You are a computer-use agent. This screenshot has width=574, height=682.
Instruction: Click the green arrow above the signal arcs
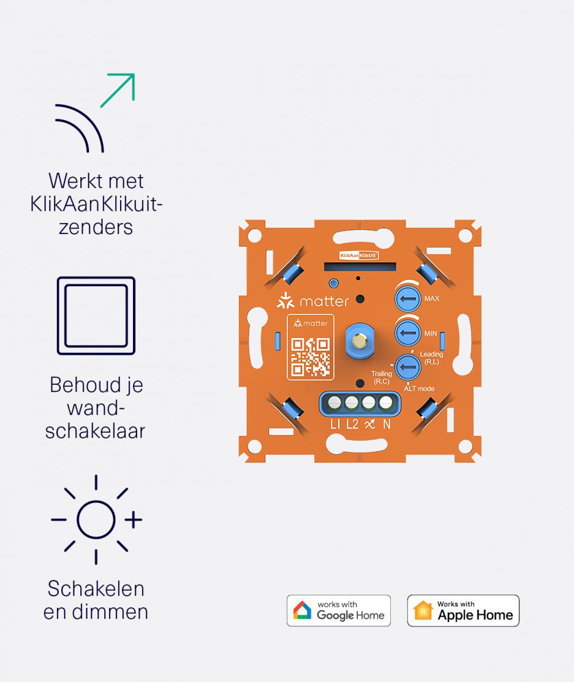pyautogui.click(x=118, y=89)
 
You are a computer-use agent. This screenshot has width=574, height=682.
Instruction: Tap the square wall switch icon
pyautogui.click(x=96, y=316)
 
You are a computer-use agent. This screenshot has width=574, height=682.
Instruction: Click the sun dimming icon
pyautogui.click(x=96, y=520)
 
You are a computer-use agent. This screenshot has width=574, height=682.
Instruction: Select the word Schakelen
pyautogui.click(x=96, y=589)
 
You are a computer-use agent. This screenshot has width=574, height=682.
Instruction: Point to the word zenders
pyautogui.click(x=96, y=227)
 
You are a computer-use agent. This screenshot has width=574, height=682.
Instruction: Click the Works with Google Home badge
pyautogui.click(x=339, y=610)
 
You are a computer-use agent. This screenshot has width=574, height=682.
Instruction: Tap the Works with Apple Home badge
pyautogui.click(x=463, y=610)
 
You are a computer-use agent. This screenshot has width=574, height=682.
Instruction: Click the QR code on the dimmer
pyautogui.click(x=311, y=356)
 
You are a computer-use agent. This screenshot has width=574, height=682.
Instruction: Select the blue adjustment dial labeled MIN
pyautogui.click(x=406, y=333)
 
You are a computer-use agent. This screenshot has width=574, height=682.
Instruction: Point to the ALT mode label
pyautogui.click(x=419, y=388)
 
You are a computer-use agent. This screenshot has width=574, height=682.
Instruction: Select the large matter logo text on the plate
pyautogui.click(x=323, y=301)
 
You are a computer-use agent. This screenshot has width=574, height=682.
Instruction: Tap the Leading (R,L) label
pyautogui.click(x=431, y=357)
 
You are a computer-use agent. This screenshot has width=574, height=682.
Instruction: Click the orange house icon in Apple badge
pyautogui.click(x=423, y=610)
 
